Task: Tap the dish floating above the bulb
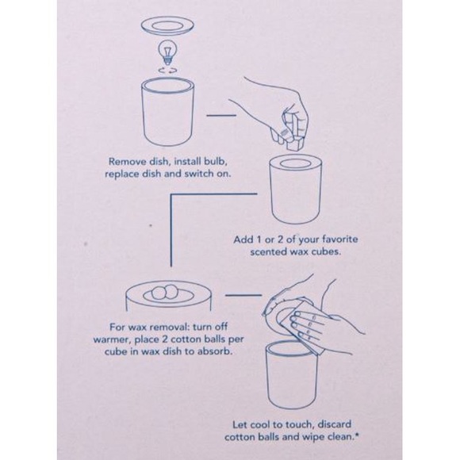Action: pyautogui.click(x=167, y=25)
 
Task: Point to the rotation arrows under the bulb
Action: pyautogui.click(x=167, y=70)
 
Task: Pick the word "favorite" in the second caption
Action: pyautogui.click(x=340, y=239)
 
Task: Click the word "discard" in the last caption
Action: pyautogui.click(x=335, y=424)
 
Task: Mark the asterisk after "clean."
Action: pyautogui.click(x=357, y=435)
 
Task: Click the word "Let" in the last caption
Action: pyautogui.click(x=240, y=424)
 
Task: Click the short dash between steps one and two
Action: pyautogui.click(x=221, y=115)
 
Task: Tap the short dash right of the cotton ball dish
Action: pyautogui.click(x=243, y=295)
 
